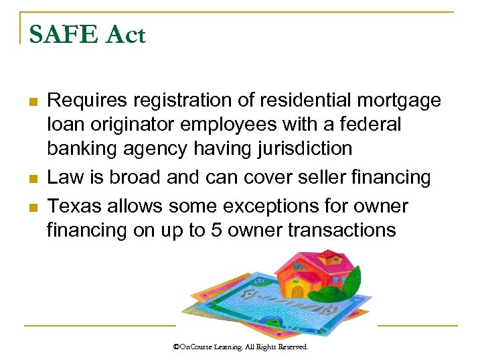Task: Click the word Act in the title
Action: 125,34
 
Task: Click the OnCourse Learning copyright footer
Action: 240,347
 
